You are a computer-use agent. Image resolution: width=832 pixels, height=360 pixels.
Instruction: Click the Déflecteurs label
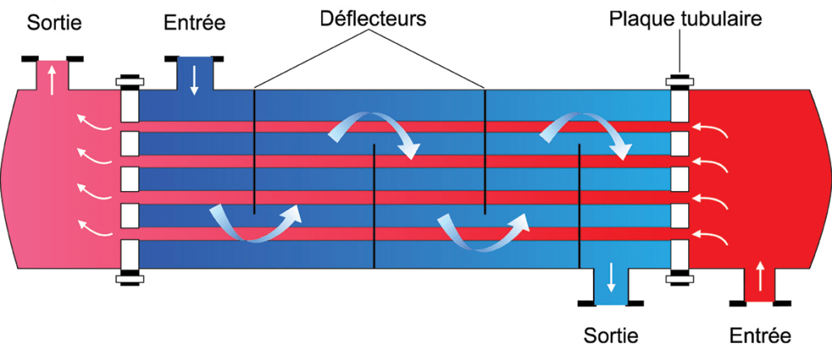pos(372,18)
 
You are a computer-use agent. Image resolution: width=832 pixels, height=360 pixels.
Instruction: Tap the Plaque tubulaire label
pos(686,18)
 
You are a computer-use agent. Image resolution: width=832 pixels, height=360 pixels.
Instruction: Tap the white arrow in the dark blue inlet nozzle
pos(194,80)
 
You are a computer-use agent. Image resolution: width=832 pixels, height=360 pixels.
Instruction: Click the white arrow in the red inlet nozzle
pos(760,279)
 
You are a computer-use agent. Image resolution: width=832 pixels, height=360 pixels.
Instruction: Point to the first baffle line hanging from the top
pos(253,150)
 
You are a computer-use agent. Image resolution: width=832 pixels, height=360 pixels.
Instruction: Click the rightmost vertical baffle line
pos(578,206)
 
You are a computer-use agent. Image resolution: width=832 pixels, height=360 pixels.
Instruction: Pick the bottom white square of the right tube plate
pos(680,253)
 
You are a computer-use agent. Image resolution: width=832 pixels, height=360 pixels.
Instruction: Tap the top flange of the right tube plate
pos(680,81)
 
